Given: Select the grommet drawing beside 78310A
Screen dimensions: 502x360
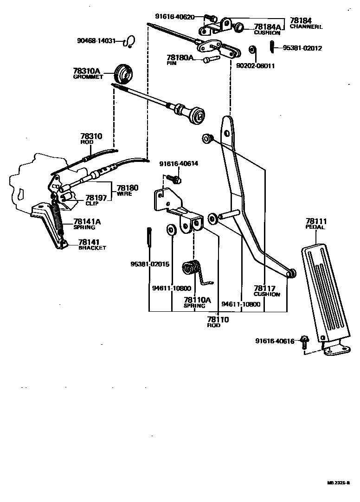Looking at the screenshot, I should (x=124, y=72).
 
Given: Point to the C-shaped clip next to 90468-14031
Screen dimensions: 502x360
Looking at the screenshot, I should (x=130, y=42).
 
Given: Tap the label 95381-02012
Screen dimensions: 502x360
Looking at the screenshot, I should (x=302, y=48).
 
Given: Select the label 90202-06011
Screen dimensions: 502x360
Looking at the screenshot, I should (x=255, y=66).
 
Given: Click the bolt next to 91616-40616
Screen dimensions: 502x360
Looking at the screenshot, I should (x=304, y=342).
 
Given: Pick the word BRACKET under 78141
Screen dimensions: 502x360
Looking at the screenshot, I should (x=92, y=248).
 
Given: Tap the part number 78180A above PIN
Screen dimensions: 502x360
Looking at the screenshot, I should (x=180, y=58).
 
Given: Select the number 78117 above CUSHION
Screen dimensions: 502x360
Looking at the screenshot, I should (x=264, y=288).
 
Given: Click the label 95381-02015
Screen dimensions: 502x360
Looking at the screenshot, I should (x=149, y=264).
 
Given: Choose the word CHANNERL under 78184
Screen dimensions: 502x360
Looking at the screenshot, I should (x=306, y=26).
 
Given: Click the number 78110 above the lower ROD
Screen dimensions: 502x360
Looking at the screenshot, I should (x=218, y=320).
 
